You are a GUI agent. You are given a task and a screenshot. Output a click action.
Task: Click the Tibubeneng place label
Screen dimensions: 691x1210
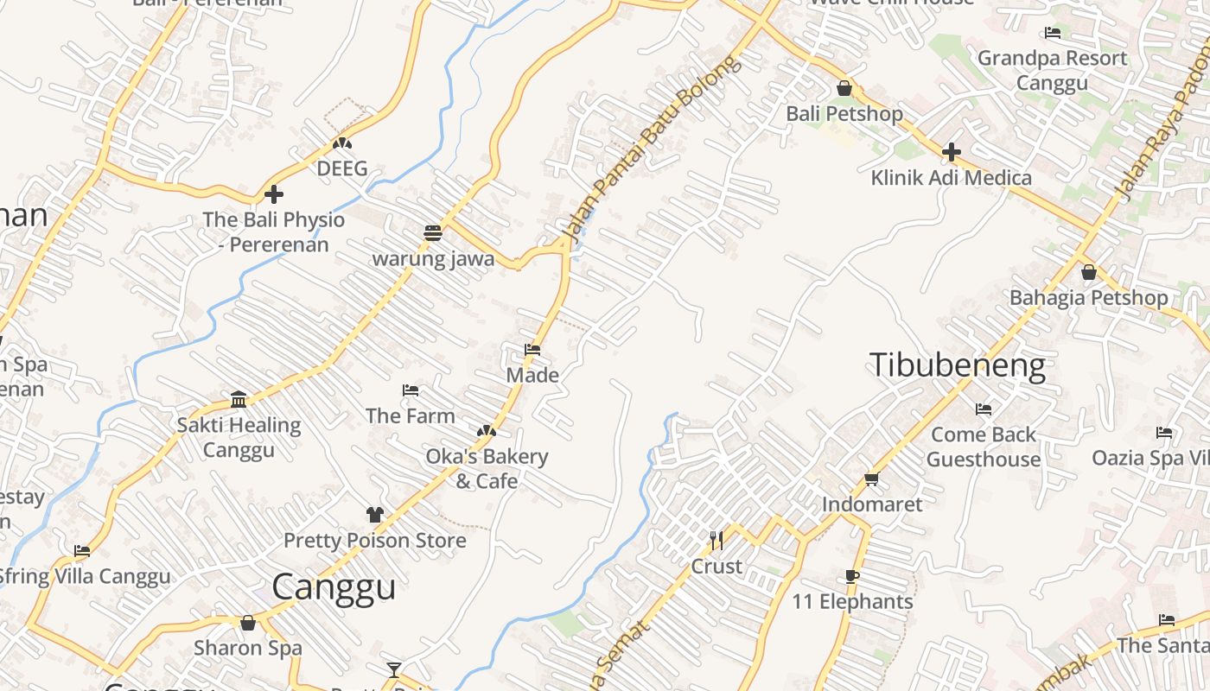[958, 365]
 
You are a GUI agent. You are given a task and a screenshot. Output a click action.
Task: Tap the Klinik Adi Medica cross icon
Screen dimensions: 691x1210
[952, 152]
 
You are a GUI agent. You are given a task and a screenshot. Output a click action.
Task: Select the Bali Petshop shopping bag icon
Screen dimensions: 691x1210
[844, 88]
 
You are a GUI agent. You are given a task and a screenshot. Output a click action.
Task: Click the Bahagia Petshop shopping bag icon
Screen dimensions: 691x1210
[1089, 272]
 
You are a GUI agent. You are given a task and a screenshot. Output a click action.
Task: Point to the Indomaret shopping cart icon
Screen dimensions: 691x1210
[871, 479]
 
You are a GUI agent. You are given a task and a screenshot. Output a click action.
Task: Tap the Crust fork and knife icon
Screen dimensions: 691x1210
[716, 541]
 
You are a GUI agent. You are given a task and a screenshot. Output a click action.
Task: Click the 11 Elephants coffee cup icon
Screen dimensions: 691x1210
[852, 576]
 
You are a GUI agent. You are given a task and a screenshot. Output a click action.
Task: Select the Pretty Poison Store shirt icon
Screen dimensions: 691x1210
[374, 515]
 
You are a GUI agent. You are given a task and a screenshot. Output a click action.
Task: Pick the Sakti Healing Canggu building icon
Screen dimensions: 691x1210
[239, 399]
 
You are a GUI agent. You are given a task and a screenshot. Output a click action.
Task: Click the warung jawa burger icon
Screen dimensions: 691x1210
[433, 232]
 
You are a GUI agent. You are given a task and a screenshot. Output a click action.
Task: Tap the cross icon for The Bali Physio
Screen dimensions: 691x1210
[274, 194]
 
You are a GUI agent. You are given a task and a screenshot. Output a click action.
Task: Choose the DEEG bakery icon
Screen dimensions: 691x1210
[342, 143]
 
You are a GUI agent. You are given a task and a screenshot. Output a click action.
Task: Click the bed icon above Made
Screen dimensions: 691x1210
[532, 350]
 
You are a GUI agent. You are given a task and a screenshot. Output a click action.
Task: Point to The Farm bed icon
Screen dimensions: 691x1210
[411, 390]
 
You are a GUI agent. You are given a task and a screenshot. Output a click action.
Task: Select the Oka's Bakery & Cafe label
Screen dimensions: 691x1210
[487, 468]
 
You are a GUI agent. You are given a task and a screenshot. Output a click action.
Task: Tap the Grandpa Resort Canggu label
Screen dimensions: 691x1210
[1052, 71]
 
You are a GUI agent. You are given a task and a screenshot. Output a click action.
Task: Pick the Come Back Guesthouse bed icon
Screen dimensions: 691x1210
[984, 409]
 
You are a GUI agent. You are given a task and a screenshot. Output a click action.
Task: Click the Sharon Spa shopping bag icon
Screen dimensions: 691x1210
[248, 623]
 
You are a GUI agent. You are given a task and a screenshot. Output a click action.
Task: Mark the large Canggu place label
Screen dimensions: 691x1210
[334, 587]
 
